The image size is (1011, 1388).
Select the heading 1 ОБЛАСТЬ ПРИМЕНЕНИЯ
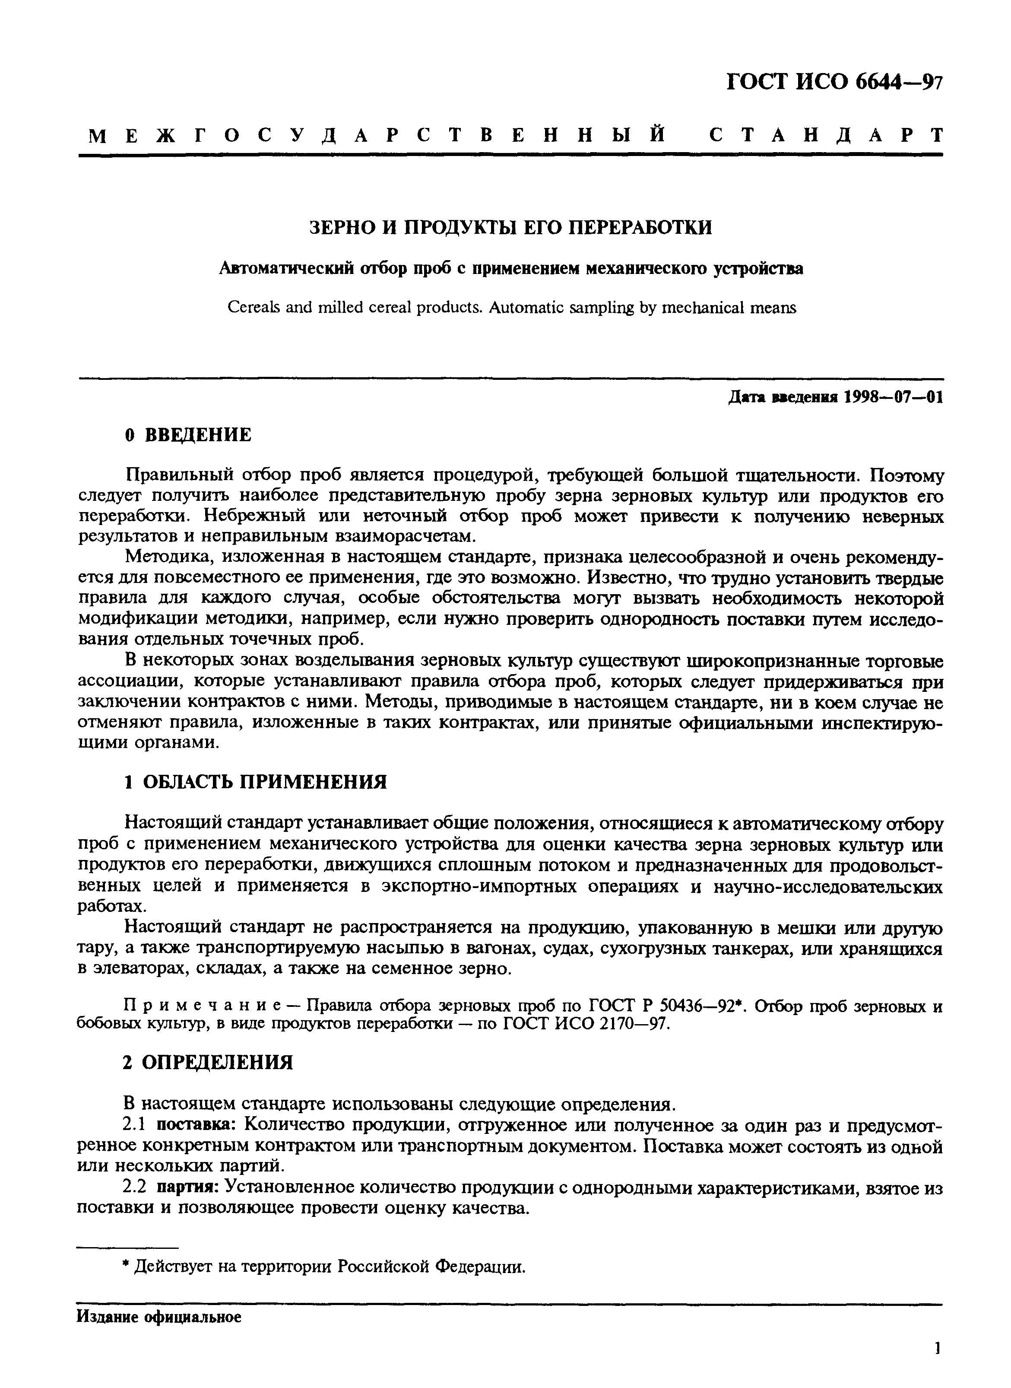pyautogui.click(x=256, y=781)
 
